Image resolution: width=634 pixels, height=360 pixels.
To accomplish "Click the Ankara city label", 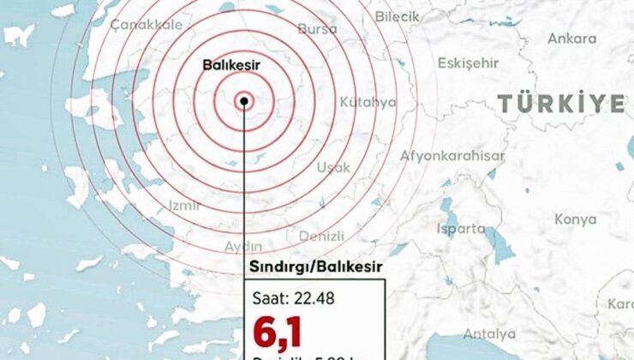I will (571, 39).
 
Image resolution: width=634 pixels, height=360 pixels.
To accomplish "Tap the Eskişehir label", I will (468, 63).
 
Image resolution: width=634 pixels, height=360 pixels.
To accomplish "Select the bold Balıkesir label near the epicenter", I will (231, 64).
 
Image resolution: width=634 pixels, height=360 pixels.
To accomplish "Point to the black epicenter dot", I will (244, 100).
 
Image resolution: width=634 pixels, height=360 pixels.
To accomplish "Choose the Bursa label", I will (317, 29).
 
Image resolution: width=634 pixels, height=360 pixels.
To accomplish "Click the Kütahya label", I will (368, 102).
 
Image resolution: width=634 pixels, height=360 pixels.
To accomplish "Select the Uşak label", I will (333, 168).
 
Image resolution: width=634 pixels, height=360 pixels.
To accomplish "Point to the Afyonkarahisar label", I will (452, 157).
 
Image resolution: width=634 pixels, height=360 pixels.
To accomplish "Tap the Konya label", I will (575, 219).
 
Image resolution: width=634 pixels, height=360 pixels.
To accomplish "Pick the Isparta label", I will (460, 229).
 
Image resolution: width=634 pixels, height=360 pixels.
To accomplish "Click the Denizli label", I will (321, 236).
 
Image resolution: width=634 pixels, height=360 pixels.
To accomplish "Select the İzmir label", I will (184, 206).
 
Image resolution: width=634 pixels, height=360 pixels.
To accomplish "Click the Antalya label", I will (489, 333).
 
